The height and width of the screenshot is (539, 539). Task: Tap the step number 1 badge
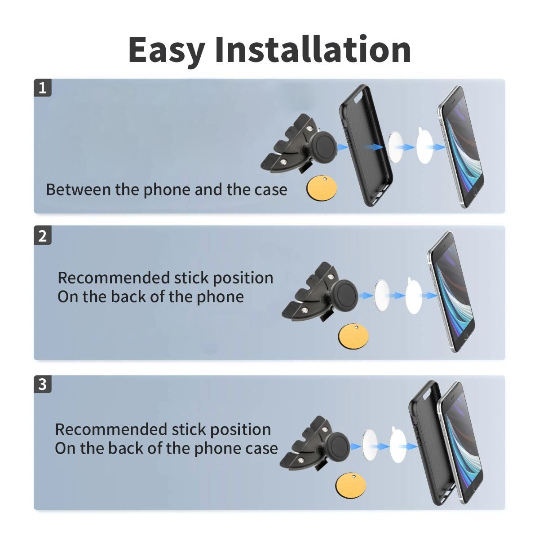point(43,88)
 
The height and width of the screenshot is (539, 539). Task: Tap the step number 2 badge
point(43,236)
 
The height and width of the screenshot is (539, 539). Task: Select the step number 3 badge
point(43,384)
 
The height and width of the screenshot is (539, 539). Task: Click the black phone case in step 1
point(365,144)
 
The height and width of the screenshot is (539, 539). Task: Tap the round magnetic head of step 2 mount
point(348,294)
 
